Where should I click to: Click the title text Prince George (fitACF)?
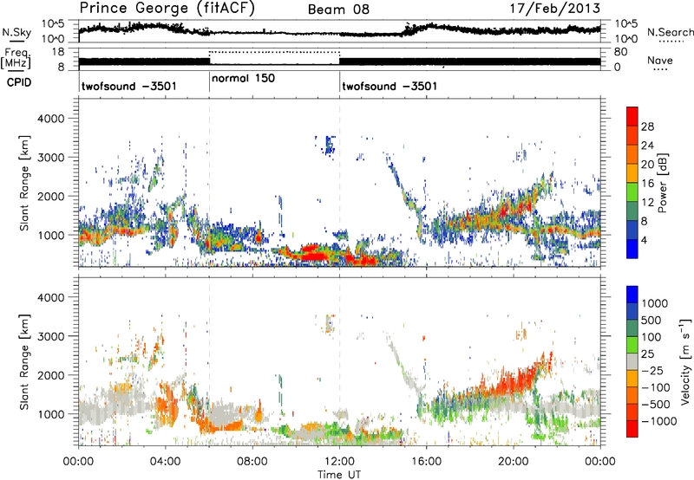(160, 10)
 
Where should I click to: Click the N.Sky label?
(15, 32)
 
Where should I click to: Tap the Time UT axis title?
(339, 474)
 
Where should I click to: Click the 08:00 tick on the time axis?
(252, 461)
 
